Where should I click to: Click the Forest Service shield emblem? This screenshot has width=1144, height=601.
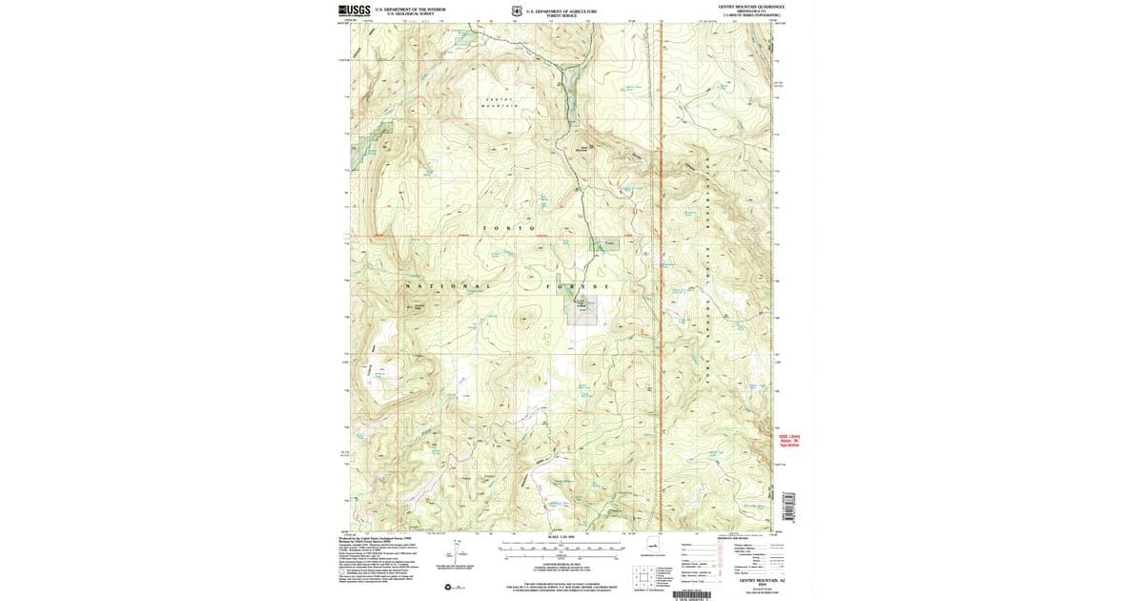(x=516, y=11)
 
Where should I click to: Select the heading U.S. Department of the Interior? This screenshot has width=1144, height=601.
(x=404, y=10)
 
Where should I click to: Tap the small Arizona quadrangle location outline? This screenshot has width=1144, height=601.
(x=653, y=545)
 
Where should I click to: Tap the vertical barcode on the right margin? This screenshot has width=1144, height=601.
(x=788, y=506)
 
